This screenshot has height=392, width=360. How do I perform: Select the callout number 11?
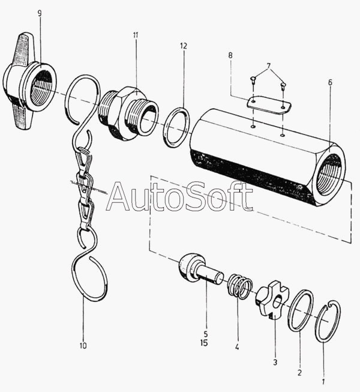(136, 35)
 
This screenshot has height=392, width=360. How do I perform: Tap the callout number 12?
(183, 46)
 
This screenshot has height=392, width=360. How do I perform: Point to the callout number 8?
(230, 56)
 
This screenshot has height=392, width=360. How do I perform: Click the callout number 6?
(329, 82)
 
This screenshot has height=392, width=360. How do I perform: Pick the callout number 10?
(83, 345)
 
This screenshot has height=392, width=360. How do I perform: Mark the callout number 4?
(237, 346)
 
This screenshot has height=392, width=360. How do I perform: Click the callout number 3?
(275, 362)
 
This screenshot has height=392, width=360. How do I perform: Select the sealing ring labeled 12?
(177, 127)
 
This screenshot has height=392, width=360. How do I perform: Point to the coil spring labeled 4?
(239, 287)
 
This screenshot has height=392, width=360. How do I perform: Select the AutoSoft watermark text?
(179, 196)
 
